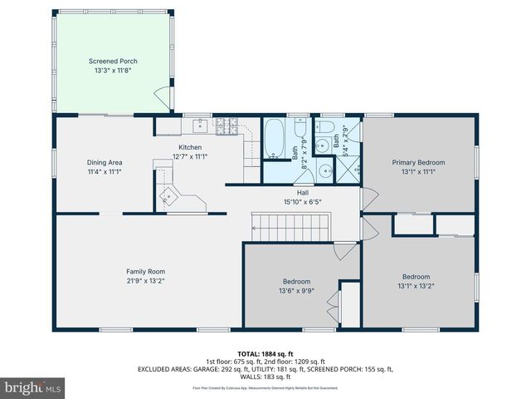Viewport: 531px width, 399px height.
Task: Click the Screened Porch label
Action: point(113,62)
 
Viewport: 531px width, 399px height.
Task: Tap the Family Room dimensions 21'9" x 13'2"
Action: point(145,281)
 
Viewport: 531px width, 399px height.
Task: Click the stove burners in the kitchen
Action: point(227,127)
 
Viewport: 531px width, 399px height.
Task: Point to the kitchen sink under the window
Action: point(199,127)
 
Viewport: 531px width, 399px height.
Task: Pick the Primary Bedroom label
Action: point(418,163)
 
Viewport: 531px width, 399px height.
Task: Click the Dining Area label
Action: point(105,162)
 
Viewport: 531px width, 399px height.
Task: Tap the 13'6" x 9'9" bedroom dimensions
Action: point(296,291)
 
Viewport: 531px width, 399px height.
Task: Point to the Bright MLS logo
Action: point(33,387)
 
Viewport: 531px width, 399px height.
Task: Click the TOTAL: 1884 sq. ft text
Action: point(265,353)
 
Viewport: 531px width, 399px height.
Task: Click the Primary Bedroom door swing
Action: point(371,198)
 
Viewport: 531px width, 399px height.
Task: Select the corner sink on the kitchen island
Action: point(169,196)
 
